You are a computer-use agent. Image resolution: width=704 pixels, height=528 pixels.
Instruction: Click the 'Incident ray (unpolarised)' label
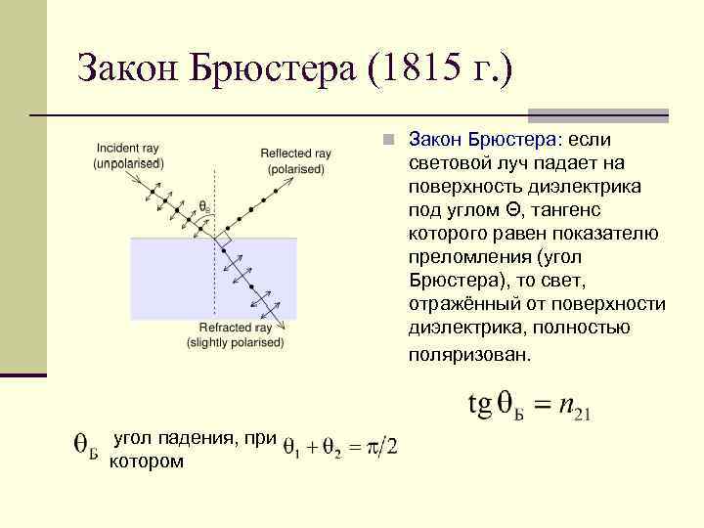pyautogui.click(x=127, y=155)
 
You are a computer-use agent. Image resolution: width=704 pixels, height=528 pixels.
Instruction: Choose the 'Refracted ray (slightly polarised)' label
pyautogui.click(x=235, y=334)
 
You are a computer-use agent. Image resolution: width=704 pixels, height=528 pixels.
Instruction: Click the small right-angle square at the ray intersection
pyautogui.click(x=223, y=239)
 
